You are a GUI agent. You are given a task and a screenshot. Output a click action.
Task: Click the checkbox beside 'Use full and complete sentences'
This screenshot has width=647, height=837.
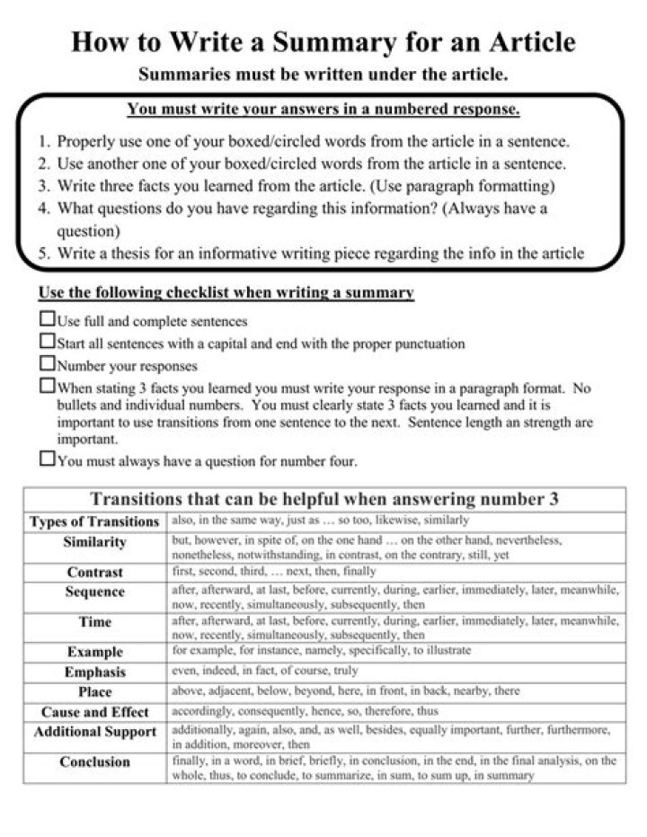coord(47,319)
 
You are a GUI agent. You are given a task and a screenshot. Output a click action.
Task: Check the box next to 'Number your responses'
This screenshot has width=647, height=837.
coord(47,364)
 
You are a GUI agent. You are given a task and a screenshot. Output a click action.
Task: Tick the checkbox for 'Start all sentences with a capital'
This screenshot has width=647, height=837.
coord(47,342)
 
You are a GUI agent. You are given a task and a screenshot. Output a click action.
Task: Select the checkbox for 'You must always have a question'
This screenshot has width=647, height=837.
coord(47,459)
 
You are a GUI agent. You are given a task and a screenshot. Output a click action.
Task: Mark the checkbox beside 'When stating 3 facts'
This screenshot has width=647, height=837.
coord(47,387)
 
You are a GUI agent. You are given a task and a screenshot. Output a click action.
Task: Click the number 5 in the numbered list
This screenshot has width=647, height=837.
coord(43,254)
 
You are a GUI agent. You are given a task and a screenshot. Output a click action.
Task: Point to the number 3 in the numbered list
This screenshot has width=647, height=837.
coord(43,187)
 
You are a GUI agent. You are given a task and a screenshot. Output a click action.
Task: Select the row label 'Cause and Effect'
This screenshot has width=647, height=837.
coord(94,712)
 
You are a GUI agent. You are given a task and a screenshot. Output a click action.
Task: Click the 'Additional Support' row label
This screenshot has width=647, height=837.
coord(94,732)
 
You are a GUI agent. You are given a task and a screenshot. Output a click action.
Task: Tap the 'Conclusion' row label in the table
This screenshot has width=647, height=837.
coord(94,762)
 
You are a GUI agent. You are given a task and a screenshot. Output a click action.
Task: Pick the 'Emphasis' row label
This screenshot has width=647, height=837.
coord(94,672)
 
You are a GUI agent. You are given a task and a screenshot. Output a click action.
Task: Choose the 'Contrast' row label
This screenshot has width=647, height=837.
coord(94,572)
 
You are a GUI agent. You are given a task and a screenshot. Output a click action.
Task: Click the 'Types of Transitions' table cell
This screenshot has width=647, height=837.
coord(94,521)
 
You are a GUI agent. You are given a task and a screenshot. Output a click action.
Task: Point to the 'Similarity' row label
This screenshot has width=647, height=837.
coord(94,543)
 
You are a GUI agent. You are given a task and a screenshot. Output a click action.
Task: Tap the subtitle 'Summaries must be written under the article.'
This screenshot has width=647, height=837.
coord(323,73)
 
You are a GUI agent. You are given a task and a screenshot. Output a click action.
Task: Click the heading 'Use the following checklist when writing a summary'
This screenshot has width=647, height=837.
coord(226,293)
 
